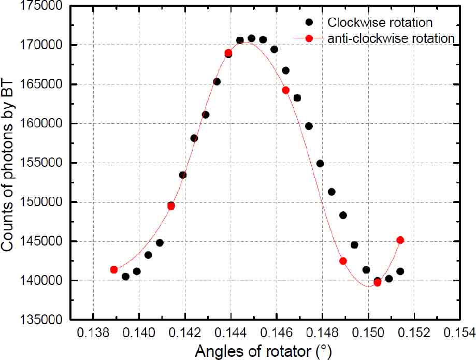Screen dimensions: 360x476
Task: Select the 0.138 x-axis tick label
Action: (x=93, y=332)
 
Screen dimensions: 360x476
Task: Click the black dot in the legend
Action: (x=309, y=22)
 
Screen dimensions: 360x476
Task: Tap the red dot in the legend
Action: (x=309, y=38)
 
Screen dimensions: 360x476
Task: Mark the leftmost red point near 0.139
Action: (x=114, y=269)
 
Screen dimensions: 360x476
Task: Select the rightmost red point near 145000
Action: (x=400, y=240)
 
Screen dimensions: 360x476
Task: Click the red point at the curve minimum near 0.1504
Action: (x=377, y=282)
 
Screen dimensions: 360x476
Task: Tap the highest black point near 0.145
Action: (x=251, y=38)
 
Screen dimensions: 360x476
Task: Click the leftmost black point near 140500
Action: (x=125, y=277)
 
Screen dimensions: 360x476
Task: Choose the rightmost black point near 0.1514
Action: (x=400, y=271)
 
